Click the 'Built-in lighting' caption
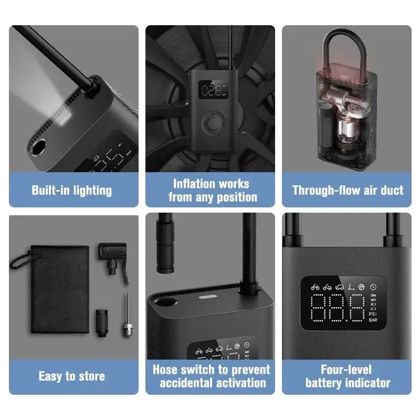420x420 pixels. [72, 191]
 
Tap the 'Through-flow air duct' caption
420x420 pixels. [348, 190]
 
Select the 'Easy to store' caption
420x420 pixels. [72, 376]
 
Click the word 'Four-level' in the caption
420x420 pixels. [346, 370]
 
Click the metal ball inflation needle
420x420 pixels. [128, 314]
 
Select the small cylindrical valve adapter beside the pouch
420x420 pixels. [102, 323]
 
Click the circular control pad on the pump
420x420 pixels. [213, 124]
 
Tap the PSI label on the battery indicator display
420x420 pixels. [373, 313]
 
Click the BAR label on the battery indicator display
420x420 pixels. [373, 320]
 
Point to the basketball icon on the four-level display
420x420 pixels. [361, 287]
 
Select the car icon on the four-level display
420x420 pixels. [340, 287]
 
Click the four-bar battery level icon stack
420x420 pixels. [373, 302]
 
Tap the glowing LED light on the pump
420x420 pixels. [65, 119]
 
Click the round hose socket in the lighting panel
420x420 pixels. [38, 148]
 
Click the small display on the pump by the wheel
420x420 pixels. [213, 89]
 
